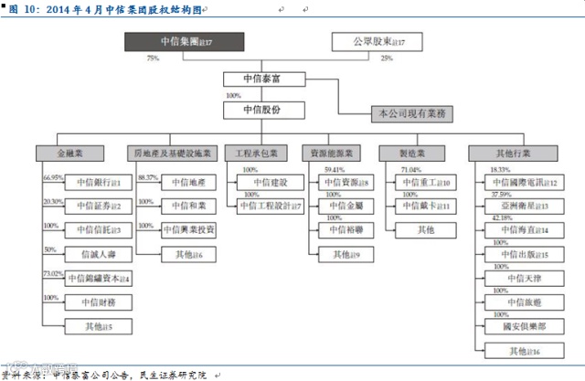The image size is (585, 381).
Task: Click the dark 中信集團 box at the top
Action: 185,41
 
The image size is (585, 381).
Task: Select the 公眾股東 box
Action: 370,41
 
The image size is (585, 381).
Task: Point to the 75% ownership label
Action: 153,58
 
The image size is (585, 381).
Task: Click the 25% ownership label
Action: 386,58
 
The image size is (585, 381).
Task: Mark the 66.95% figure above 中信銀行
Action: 52,175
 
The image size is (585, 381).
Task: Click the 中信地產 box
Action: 189,184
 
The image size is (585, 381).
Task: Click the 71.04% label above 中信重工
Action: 411,170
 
